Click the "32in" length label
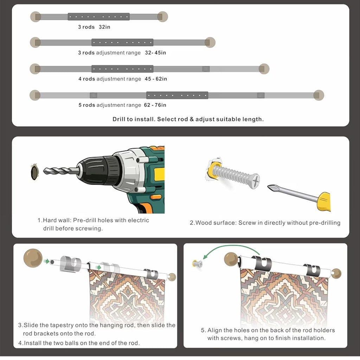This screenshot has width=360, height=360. click(x=104, y=27)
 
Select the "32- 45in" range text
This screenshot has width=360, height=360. click(x=155, y=53)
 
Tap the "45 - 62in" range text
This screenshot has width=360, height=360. click(x=156, y=79)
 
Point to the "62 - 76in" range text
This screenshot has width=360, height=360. click(x=155, y=105)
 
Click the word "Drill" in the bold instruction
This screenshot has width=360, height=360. click(x=119, y=119)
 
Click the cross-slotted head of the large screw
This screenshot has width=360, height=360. click(x=255, y=181)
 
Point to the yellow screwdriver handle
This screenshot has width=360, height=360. click(x=324, y=202)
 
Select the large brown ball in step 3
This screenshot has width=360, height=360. click(x=33, y=258)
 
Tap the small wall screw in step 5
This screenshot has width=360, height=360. click(x=198, y=264)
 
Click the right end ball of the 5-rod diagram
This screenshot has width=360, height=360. click(x=319, y=95)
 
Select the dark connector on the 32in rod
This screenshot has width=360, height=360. click(x=99, y=17)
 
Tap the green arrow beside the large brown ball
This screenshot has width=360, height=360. click(x=47, y=261)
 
